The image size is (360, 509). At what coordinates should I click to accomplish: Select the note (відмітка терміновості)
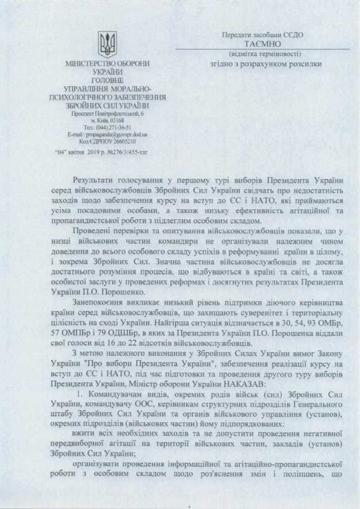pyautogui.click(x=261, y=54)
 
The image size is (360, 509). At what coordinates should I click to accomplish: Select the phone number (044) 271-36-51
pyautogui.click(x=115, y=126)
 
